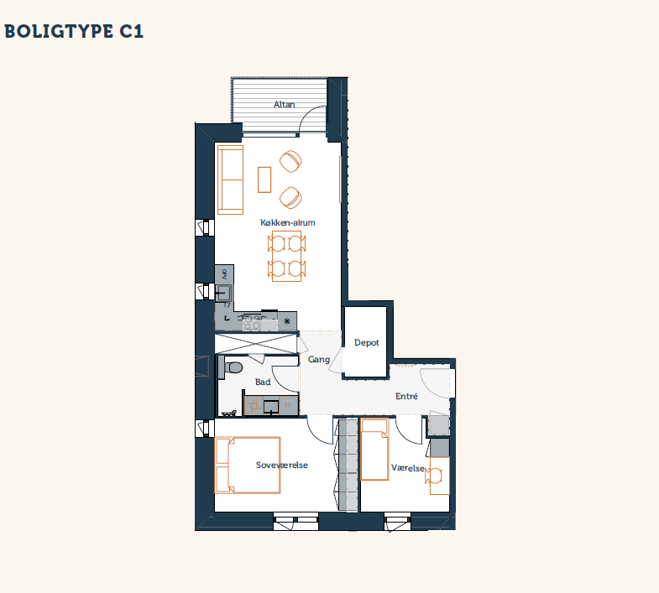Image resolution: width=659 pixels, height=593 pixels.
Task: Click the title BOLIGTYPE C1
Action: coord(74,32)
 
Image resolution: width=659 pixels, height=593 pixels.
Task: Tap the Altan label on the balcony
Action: coord(285,104)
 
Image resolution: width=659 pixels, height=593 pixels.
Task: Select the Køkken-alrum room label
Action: coord(287,222)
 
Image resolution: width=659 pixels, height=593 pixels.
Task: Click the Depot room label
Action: coord(367,343)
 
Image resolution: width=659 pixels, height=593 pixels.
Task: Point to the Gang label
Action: coord(318,360)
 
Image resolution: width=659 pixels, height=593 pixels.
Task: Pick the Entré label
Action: coord(406,396)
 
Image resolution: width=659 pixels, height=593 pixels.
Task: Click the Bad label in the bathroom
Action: coord(263,382)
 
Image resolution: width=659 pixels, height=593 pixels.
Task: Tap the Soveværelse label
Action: coord(281,465)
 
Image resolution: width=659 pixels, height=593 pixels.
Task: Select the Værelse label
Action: coord(408,468)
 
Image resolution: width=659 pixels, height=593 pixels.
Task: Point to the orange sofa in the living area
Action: coord(230,179)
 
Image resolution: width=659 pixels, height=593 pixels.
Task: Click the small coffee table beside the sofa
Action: coord(264,179)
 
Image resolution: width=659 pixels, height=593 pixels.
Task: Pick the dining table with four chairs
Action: coord(286,256)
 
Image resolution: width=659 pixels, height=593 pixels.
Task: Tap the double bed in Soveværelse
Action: coord(248,465)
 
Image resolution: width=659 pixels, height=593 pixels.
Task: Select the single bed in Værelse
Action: coord(374,450)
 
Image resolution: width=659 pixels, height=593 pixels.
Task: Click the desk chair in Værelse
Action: coord(434,476)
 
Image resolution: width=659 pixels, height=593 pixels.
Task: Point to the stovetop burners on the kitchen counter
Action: coord(251,323)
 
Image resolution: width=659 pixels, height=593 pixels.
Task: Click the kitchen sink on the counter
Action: coord(222,292)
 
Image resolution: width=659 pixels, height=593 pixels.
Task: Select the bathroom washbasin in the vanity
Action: coord(271,407)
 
